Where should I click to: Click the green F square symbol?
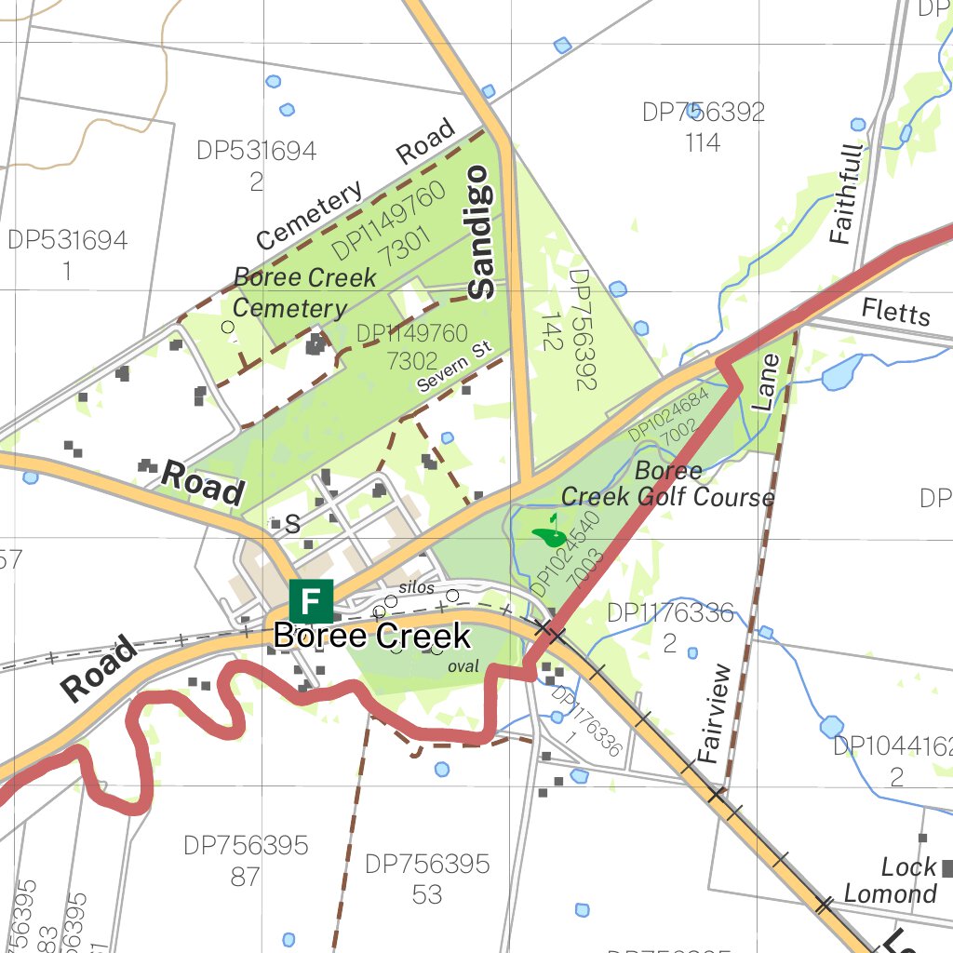[x=311, y=601]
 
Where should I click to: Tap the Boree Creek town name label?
[x=372, y=637]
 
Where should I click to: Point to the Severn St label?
[x=453, y=367]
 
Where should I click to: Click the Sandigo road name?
[x=481, y=232]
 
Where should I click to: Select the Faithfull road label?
[x=844, y=195]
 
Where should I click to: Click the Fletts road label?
[x=895, y=311]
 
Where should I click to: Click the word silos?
[x=416, y=587]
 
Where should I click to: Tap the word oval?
[x=463, y=666]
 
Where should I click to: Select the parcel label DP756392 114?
[x=704, y=127]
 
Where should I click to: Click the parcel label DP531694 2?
[x=257, y=165]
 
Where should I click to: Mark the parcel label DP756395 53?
[x=427, y=879]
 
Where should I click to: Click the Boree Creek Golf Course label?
[x=668, y=484]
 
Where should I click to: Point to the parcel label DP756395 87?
[x=246, y=860]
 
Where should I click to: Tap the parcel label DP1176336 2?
[x=670, y=627]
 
